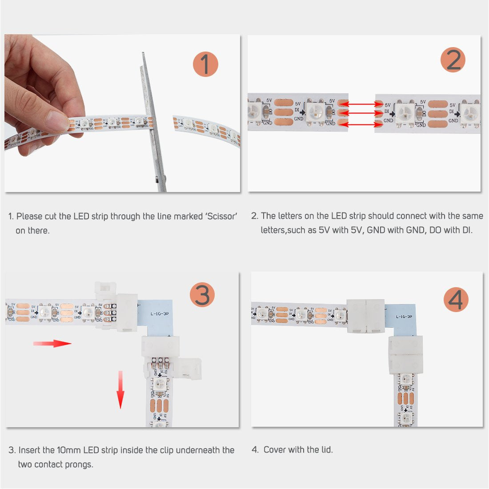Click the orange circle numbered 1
pos(205,64)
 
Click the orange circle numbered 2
pos(453,60)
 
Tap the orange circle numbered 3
pos(202,295)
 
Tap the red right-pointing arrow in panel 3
pos(52,343)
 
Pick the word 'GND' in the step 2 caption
pos(376,230)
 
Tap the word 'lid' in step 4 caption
pos(326,450)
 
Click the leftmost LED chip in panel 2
pos(255,110)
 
